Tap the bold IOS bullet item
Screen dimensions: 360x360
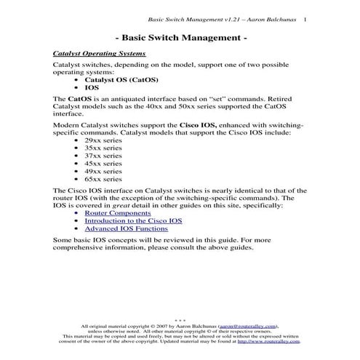[92, 87]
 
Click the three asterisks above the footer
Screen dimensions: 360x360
[180, 321]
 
